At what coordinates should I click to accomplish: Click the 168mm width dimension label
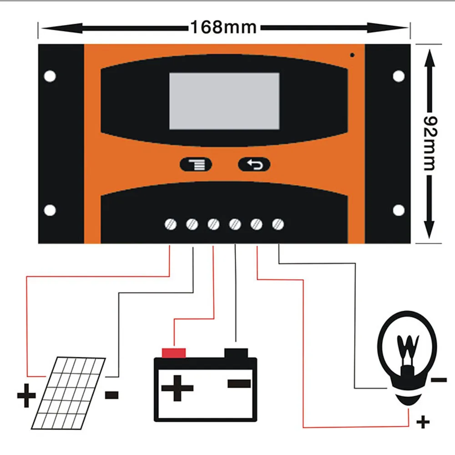[223, 28]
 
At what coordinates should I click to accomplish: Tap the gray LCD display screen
[224, 101]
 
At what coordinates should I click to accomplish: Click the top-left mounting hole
[50, 76]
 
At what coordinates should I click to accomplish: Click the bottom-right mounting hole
[399, 210]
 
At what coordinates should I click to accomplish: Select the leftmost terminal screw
[170, 224]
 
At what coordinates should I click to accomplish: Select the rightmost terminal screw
[278, 224]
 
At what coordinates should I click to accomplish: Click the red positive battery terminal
[174, 353]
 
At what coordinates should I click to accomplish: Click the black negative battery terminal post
[236, 353]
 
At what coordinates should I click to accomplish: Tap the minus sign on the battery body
[239, 384]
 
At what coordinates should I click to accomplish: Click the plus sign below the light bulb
[423, 423]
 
